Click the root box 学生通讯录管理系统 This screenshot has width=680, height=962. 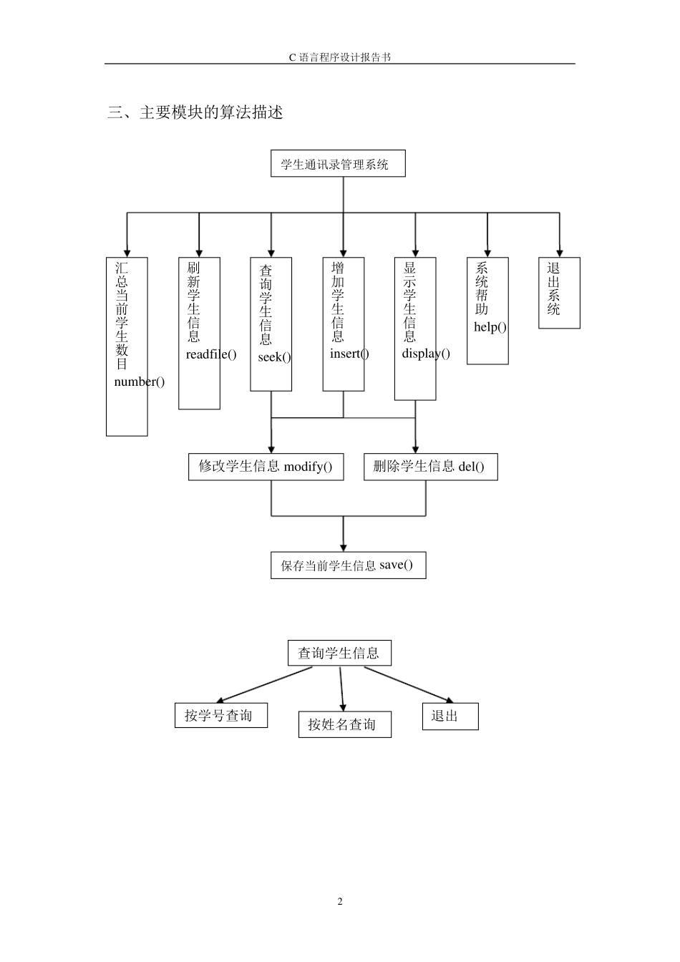(338, 164)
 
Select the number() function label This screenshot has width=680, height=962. (139, 382)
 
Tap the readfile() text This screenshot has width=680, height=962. (210, 354)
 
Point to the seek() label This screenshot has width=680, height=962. (274, 357)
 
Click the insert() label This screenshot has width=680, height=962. (349, 354)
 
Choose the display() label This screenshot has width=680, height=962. (426, 354)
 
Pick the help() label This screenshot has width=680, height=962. (490, 327)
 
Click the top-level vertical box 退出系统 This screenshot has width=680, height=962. (559, 293)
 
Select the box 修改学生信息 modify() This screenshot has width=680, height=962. (266, 467)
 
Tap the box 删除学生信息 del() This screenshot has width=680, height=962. (430, 467)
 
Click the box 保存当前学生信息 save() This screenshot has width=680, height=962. (348, 565)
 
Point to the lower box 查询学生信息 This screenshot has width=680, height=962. (339, 653)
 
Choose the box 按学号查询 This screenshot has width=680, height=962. (220, 715)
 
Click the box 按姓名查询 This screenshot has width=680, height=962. (344, 724)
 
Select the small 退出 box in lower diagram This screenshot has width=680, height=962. (450, 716)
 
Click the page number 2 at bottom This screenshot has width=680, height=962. (340, 901)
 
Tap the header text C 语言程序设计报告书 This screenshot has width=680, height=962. (340, 57)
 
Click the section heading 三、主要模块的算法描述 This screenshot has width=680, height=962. (195, 112)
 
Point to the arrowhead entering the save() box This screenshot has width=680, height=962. (344, 548)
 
